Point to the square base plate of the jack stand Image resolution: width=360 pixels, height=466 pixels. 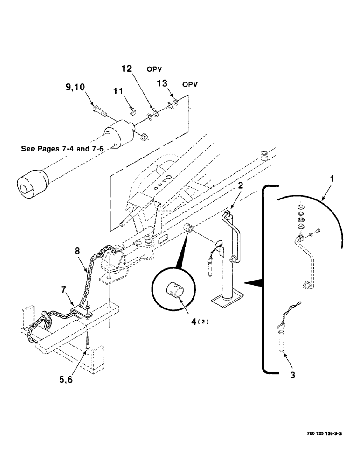tap(231, 297)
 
